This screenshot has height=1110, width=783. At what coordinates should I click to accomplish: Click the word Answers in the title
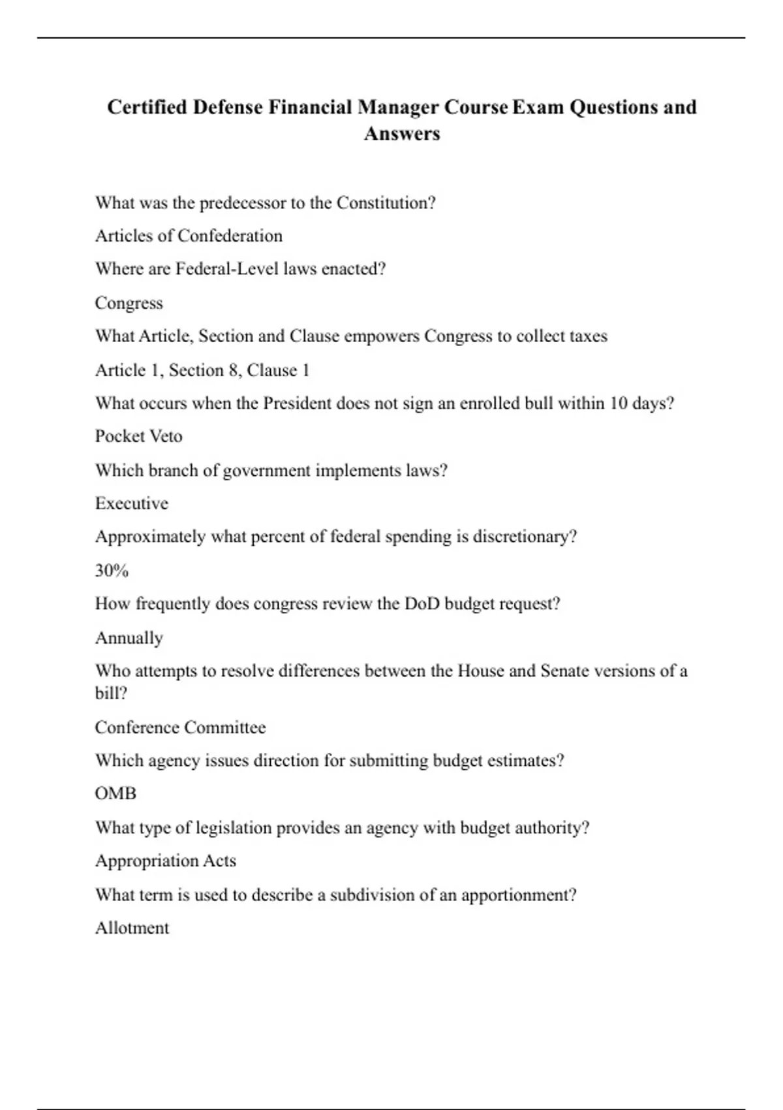[402, 134]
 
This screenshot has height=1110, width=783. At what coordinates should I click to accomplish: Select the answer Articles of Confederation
[189, 236]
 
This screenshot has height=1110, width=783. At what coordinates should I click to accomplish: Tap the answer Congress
[129, 303]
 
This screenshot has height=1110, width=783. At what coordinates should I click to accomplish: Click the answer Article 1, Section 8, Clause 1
[202, 370]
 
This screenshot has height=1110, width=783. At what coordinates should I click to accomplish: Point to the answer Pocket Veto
[138, 436]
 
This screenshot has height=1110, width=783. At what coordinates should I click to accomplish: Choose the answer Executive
[131, 503]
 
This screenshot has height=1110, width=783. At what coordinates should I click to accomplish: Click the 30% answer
[112, 571]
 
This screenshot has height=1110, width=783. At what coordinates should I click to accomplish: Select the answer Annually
[129, 638]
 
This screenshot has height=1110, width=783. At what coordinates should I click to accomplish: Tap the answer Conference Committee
[180, 727]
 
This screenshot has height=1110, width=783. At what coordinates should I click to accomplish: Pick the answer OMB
[115, 793]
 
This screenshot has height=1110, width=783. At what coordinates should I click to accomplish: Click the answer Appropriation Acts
[165, 861]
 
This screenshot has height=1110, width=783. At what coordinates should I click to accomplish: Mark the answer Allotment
[132, 928]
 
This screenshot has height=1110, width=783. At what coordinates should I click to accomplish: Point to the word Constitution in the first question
[385, 203]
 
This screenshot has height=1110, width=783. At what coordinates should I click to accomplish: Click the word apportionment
[518, 895]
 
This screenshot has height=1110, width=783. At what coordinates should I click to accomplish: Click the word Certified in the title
[147, 107]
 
